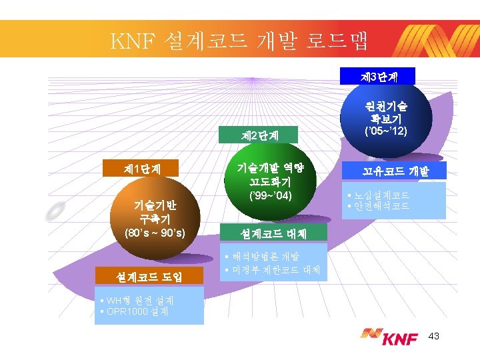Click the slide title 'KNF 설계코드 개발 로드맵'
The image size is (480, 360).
240,41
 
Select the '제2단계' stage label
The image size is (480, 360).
260,136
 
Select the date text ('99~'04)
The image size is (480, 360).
267,197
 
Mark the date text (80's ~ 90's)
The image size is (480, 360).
155,233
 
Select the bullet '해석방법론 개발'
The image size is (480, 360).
265,257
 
